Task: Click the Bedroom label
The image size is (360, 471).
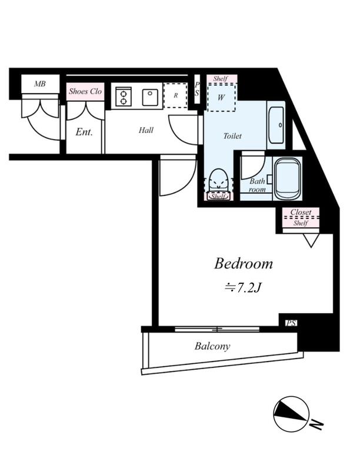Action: point(244,264)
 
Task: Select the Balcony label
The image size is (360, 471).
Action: point(212,346)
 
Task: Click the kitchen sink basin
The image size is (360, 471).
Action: point(150,97)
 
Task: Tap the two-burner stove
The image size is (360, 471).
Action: point(124,96)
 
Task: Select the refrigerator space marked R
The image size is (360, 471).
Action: point(175,95)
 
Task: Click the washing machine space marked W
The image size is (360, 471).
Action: point(221,98)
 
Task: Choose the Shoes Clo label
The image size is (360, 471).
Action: point(85,91)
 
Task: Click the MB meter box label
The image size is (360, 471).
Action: point(39,84)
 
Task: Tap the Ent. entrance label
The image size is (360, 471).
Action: point(84,132)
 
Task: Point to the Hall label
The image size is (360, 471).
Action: point(146,130)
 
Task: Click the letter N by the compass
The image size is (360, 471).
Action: point(317,424)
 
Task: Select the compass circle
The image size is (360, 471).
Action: point(291,414)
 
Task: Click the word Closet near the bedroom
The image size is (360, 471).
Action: point(301,212)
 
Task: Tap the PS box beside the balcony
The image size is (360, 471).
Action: point(291,323)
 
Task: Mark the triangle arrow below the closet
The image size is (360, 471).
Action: point(311,241)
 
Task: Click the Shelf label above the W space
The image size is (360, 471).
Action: point(221,79)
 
